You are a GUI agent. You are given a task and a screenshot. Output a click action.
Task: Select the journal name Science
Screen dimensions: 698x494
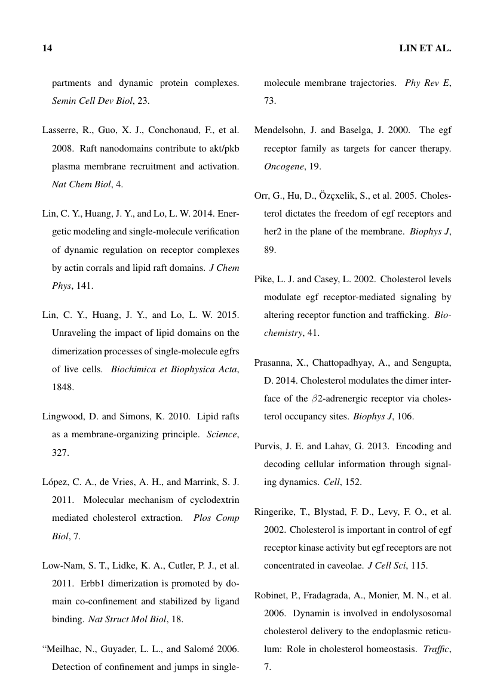[x=222, y=435]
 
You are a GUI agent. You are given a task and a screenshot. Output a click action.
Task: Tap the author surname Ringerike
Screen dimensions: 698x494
[x=276, y=512]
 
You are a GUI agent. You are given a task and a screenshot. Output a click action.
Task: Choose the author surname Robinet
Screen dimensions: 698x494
[x=272, y=595]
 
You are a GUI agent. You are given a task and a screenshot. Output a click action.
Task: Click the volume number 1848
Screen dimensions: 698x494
[x=63, y=387]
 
